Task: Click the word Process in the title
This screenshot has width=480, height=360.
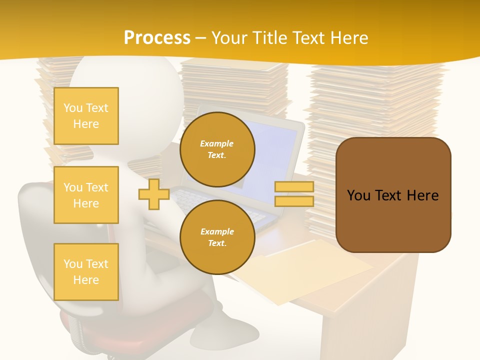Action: [x=157, y=37]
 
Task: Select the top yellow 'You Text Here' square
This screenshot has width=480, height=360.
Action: [x=86, y=116]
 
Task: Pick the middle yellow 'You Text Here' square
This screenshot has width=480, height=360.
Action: [x=86, y=195]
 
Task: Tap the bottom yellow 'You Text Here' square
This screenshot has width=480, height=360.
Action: [x=86, y=271]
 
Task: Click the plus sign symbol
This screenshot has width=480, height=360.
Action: [x=153, y=194]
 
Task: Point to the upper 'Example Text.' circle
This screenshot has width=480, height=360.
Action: [x=217, y=149]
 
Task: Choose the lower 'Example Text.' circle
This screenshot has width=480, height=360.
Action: [x=217, y=237]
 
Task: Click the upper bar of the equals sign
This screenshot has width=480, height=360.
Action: [x=294, y=187]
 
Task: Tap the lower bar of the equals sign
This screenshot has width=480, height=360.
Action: [x=294, y=201]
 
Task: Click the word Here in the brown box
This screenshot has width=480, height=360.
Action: [x=422, y=195]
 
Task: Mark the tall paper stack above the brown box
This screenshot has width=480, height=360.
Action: [x=375, y=100]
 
